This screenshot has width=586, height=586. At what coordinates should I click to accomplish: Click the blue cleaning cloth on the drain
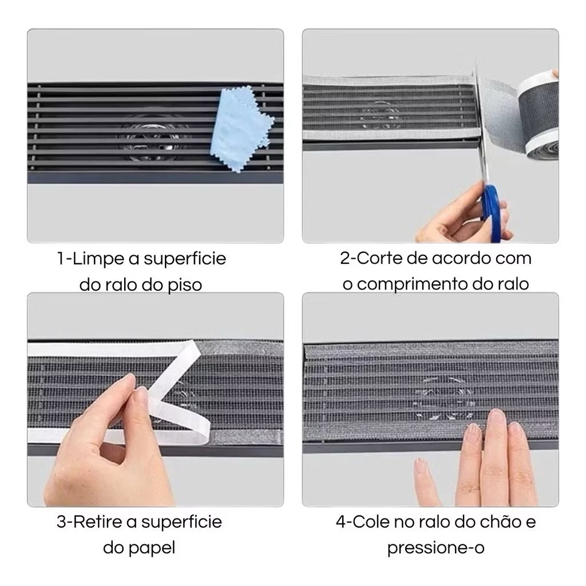[x=241, y=128]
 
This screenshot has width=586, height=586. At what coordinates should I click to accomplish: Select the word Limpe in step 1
[x=98, y=259]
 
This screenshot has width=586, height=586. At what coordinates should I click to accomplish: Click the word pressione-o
[x=435, y=549]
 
